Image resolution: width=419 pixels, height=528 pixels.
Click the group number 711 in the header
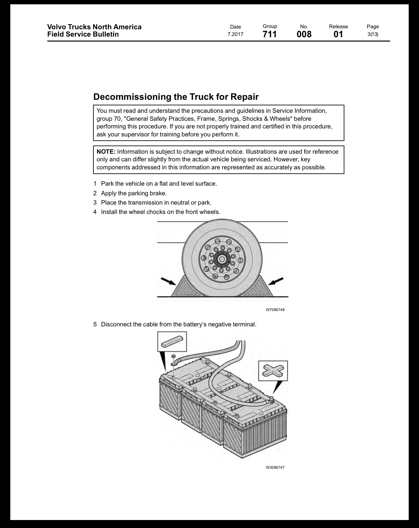point(270,34)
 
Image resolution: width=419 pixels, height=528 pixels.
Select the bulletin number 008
point(304,34)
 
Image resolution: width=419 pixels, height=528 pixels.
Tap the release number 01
point(338,34)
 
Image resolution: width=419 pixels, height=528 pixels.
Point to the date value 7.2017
point(235,34)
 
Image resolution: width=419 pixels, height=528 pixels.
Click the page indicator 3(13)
point(373,34)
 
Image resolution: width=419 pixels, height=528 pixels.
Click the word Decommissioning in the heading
point(132,97)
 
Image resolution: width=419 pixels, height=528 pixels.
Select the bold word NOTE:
point(106,152)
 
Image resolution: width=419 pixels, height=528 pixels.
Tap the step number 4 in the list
point(95,212)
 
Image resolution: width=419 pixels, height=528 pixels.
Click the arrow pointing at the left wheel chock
point(169,281)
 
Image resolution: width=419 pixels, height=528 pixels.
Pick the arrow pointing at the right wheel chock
point(276,281)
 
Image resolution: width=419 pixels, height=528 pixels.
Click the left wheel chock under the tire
point(188,288)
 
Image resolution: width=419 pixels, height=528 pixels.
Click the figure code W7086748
point(275,310)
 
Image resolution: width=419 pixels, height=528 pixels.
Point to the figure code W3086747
point(275,467)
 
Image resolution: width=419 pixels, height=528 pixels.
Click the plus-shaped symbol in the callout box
point(273,371)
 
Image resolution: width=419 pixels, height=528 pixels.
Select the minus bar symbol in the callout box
point(172,342)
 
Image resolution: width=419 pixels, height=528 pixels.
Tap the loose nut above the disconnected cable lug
point(173,357)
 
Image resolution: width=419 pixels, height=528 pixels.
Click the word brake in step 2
point(158,193)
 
